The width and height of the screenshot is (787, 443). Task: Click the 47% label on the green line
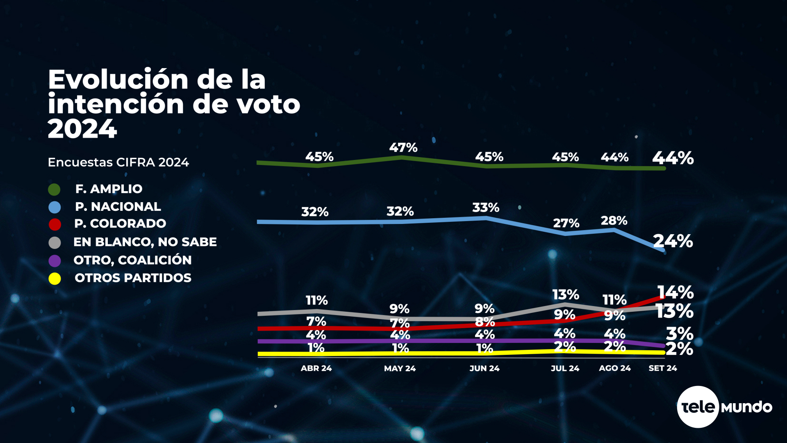tap(403, 148)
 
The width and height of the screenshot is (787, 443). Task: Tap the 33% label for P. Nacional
tap(486, 208)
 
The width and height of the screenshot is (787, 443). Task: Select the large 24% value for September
tap(673, 241)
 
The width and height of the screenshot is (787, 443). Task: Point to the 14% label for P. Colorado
tap(676, 292)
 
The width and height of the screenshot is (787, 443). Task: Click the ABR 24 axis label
tap(316, 368)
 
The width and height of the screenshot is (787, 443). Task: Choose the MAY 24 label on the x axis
tap(400, 368)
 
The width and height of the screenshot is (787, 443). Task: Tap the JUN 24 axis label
tap(484, 368)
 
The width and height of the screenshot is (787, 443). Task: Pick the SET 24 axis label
tap(662, 368)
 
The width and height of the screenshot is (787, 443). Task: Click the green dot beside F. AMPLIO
tap(54, 190)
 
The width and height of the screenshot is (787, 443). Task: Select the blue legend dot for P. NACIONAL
tap(55, 208)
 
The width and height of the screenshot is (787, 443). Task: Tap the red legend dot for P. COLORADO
tap(55, 224)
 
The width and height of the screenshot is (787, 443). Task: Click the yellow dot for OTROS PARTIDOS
tap(55, 279)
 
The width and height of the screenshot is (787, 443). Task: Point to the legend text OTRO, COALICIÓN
tap(132, 260)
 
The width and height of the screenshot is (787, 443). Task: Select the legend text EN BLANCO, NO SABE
tap(145, 242)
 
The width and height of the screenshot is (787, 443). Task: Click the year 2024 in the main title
tap(82, 129)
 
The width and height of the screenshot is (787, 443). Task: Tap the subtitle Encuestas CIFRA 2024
tap(118, 162)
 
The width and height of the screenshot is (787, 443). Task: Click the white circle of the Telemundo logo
tap(698, 407)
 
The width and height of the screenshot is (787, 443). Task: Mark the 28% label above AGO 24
tap(614, 221)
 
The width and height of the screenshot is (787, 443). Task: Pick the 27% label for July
tap(566, 223)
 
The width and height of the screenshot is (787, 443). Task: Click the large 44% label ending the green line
tap(673, 158)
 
